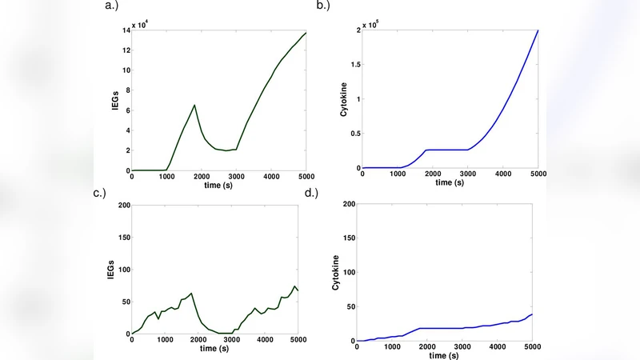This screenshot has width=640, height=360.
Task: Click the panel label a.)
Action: tap(113, 6)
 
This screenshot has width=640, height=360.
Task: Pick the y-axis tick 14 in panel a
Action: tap(126, 30)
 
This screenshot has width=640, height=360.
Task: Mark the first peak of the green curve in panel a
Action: tap(194, 105)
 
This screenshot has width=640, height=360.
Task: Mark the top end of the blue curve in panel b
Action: tap(538, 30)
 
